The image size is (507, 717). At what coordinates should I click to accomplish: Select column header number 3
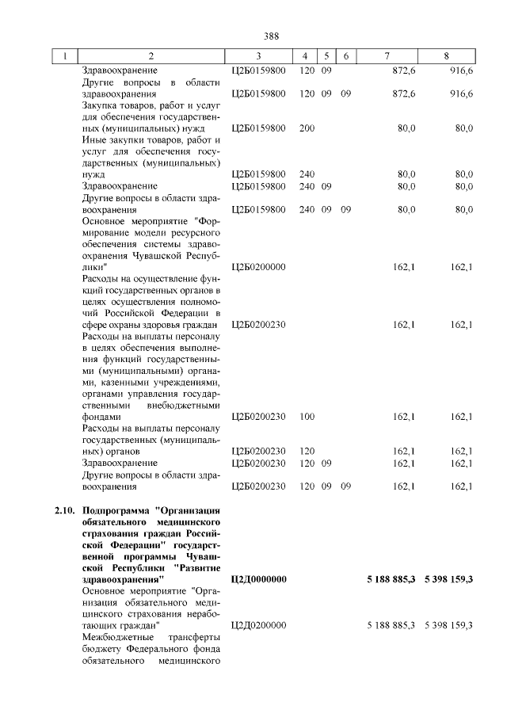click(x=258, y=56)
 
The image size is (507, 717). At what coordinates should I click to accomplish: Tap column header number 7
click(x=386, y=56)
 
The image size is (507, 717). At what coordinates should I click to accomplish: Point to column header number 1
click(x=65, y=56)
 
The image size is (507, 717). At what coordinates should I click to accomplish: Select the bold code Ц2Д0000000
click(x=258, y=580)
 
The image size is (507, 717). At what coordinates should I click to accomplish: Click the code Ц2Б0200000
click(x=258, y=267)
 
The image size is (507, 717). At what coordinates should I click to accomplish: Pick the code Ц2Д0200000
click(x=258, y=626)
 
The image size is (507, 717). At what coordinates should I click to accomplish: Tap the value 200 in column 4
click(x=307, y=128)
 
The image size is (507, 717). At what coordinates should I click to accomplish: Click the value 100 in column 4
click(x=307, y=417)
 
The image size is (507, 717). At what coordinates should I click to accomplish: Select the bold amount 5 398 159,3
click(x=448, y=580)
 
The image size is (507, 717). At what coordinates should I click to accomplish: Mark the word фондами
click(x=102, y=417)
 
